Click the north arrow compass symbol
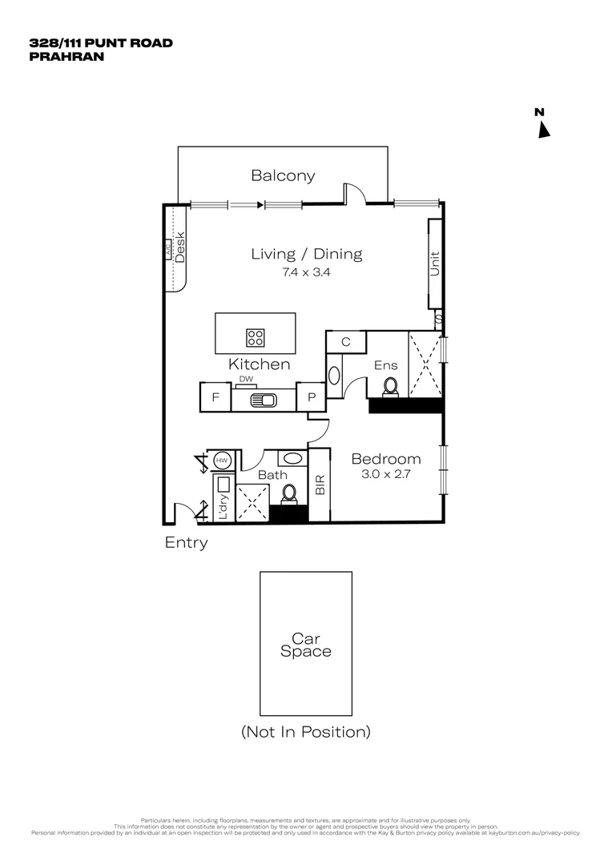pos(543,129)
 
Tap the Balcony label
pos(283,175)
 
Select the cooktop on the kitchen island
pos(256,336)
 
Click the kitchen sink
pos(263,400)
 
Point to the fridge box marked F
pos(215,397)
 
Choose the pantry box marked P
pos(312,397)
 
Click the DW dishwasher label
pos(246,380)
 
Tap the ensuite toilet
pos(390,387)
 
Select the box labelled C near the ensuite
pos(345,342)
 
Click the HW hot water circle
pos(222,461)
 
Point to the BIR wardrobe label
pos(320,485)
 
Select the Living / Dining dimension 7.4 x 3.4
pos(306,272)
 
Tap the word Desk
pos(181,247)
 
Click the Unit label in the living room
pos(435,264)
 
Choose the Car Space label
pos(305,645)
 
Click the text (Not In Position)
pos(305,731)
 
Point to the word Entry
pos(186,542)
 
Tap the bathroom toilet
pos(288,494)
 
